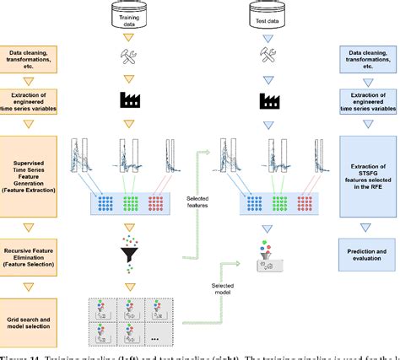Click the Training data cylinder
(x=129, y=15)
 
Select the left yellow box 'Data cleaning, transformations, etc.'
(x=30, y=61)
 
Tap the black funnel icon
(x=129, y=231)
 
